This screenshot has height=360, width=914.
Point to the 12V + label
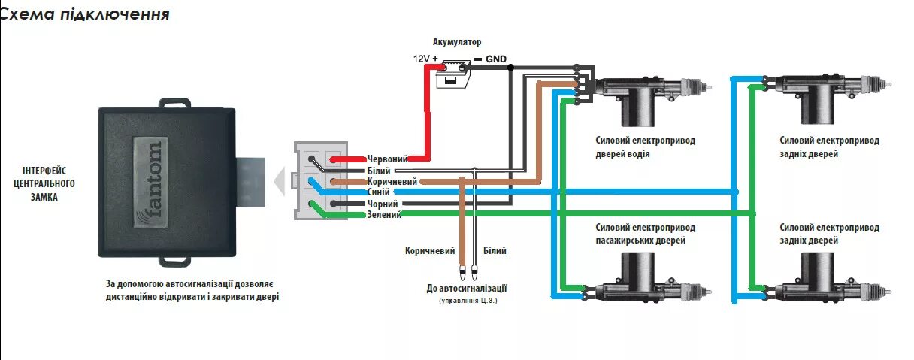[x=425, y=58]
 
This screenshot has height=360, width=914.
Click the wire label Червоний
[x=388, y=159]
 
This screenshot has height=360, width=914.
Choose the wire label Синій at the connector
[x=379, y=192]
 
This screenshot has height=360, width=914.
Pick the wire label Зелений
[x=384, y=215]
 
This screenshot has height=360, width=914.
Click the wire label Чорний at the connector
[x=382, y=204]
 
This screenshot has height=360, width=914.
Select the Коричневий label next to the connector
[x=392, y=182]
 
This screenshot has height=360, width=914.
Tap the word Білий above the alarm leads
[x=495, y=251]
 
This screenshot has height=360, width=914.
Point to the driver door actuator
[x=646, y=94]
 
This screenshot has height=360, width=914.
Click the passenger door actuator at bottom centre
[x=646, y=282]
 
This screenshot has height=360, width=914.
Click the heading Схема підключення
[x=85, y=14]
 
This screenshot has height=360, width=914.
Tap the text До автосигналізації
[x=467, y=288]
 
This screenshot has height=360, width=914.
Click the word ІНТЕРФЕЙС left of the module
[x=45, y=171]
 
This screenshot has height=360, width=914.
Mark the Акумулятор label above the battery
[x=457, y=42]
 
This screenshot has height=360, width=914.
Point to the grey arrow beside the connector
[x=279, y=181]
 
